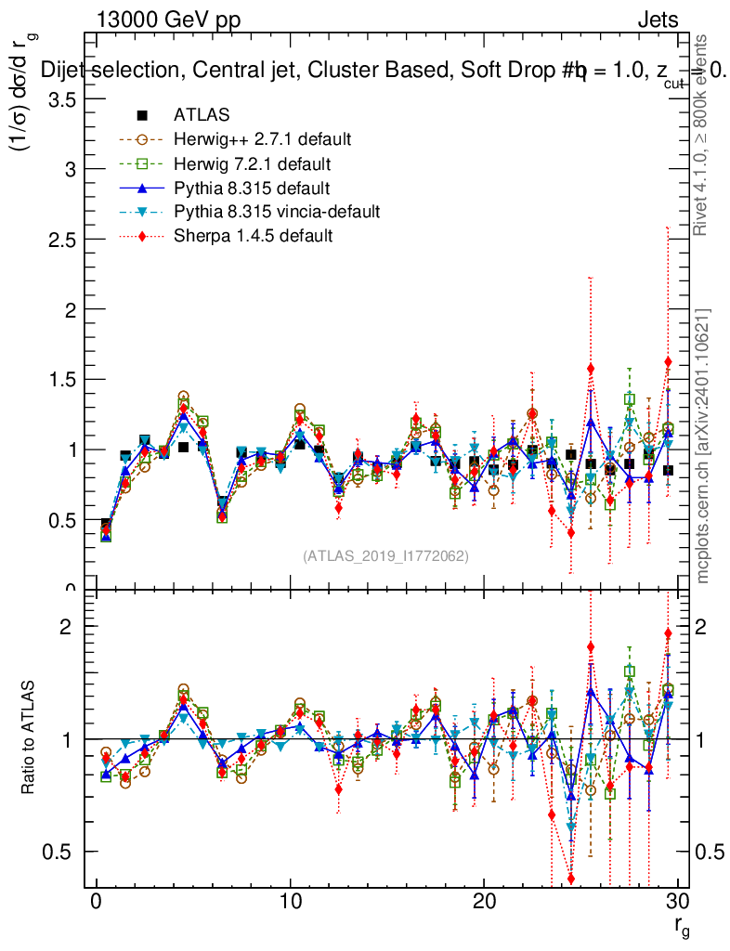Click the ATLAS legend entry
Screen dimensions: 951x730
point(202,115)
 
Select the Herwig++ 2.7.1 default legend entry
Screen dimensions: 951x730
point(261,139)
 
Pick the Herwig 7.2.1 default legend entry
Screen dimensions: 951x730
point(252,163)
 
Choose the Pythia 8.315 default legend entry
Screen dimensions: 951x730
point(252,188)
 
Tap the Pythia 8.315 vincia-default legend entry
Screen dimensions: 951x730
point(276,212)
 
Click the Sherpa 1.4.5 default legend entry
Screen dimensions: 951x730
point(253,236)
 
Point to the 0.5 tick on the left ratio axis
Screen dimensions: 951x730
point(62,852)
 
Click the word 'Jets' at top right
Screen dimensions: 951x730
point(657,20)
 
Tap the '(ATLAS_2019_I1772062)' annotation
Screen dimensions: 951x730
point(385,555)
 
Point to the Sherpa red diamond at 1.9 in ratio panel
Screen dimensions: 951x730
point(668,633)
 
